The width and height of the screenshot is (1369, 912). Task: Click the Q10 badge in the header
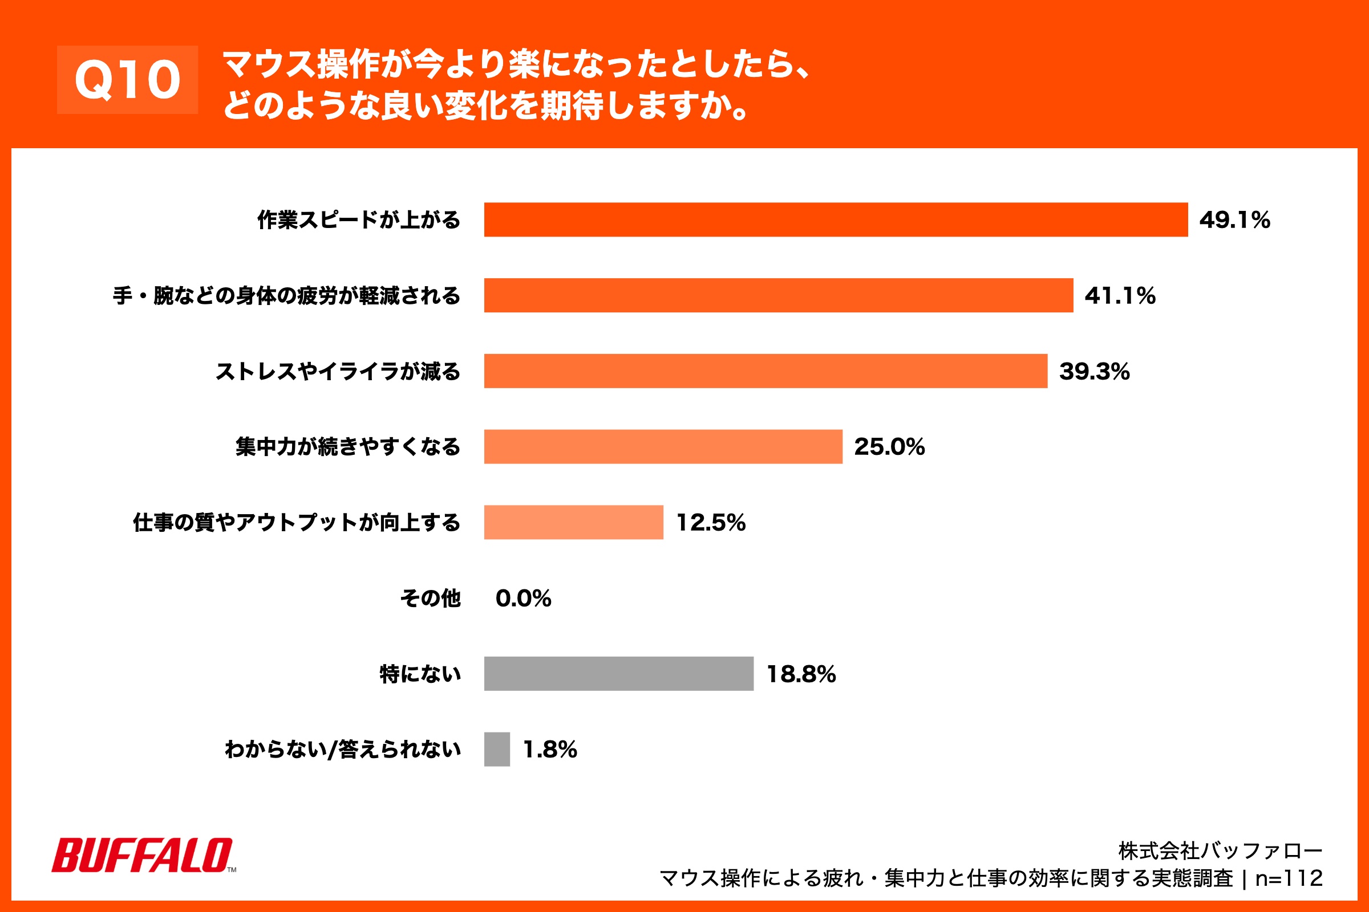(127, 80)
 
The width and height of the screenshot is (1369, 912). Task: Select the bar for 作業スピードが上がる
(835, 220)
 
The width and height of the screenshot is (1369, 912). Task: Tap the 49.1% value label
(1234, 220)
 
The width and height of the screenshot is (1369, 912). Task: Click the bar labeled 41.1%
(778, 295)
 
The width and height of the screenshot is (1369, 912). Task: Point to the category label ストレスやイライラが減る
(338, 371)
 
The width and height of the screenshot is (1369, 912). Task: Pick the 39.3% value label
(1094, 371)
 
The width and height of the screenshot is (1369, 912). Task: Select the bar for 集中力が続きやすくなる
(663, 447)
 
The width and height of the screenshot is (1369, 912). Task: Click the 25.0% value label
(889, 447)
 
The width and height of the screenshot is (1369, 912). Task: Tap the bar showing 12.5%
(573, 522)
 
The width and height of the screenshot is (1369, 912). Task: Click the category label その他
(430, 598)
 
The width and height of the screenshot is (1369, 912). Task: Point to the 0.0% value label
(523, 598)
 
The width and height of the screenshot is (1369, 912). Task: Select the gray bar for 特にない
(618, 674)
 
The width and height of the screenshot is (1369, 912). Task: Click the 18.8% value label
(801, 674)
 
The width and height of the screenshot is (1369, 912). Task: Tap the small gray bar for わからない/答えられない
(496, 749)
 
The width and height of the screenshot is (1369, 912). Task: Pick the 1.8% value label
(549, 749)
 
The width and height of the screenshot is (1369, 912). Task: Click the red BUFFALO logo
(143, 856)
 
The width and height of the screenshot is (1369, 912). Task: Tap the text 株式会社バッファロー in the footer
(1220, 851)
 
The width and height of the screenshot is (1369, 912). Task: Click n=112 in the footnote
(1289, 878)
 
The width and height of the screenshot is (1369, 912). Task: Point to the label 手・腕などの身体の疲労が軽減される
(286, 295)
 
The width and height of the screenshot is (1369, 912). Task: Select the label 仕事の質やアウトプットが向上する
(296, 522)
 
